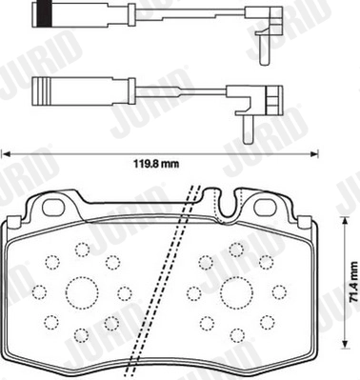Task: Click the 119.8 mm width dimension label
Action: click(x=155, y=164)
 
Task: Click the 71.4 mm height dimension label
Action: click(x=353, y=282)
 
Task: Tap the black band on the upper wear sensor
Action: click(x=45, y=14)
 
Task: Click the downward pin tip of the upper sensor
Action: click(x=264, y=63)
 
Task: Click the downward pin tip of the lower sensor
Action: click(x=248, y=141)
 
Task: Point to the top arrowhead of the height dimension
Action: click(x=344, y=220)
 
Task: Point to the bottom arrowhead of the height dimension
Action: click(x=344, y=346)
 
